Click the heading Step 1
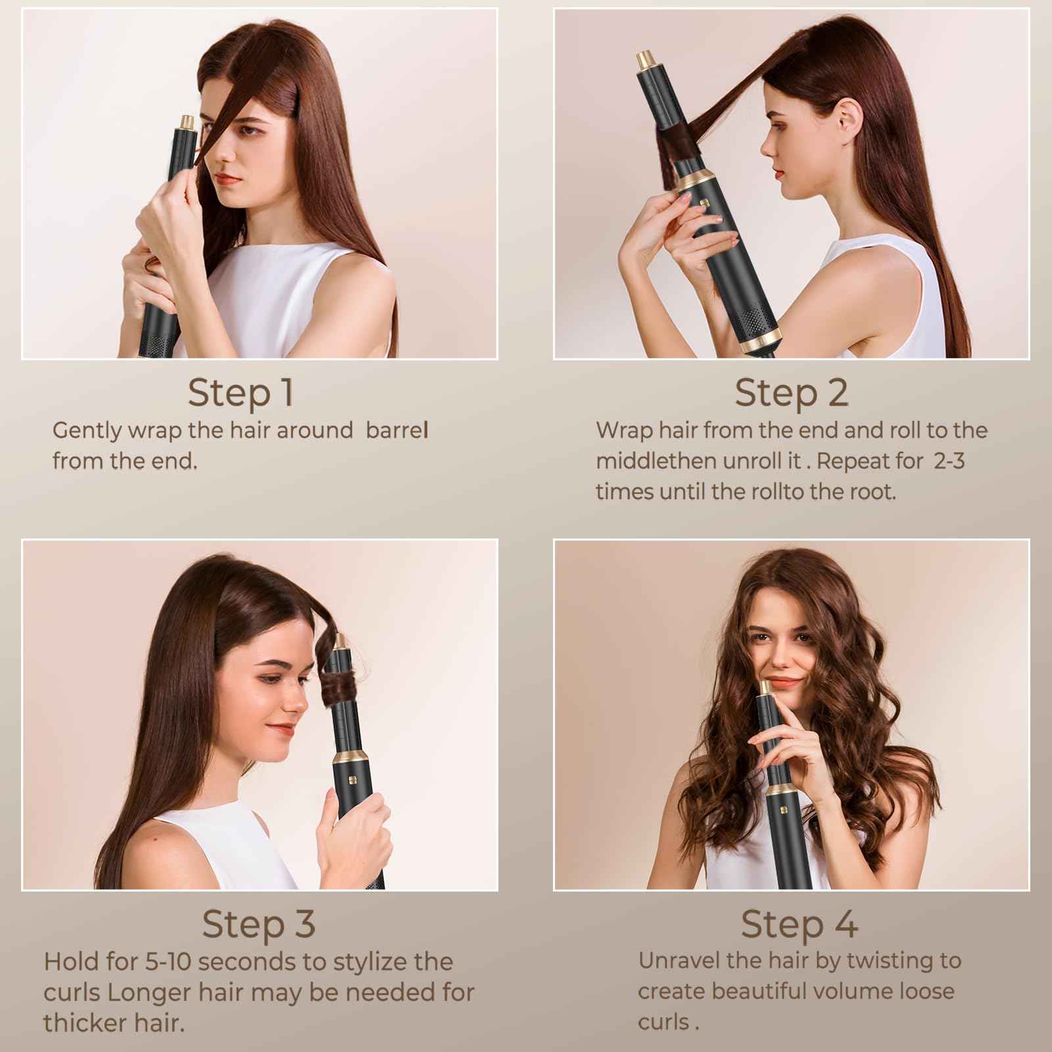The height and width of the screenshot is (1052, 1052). click(240, 393)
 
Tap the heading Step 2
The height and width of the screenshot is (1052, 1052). click(791, 393)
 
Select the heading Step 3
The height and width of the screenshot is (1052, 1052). click(258, 923)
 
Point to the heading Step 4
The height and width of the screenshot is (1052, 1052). click(799, 923)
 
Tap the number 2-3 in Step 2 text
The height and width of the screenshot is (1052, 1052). click(949, 461)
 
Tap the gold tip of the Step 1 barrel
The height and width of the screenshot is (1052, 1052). click(186, 122)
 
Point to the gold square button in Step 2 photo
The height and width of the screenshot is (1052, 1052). click(703, 204)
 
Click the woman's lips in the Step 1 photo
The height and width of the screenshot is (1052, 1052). click(229, 179)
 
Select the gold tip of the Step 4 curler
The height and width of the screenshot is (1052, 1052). click(766, 688)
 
